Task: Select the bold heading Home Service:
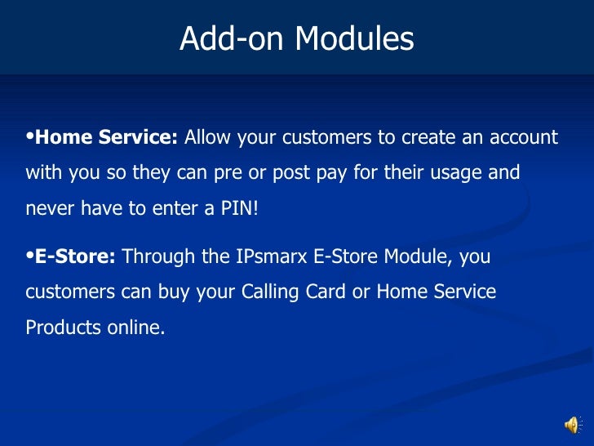click(x=107, y=137)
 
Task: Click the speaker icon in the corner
click(x=573, y=425)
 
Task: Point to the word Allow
click(x=208, y=137)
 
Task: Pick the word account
click(x=524, y=137)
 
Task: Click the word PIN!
click(x=238, y=208)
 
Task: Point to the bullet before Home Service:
click(x=30, y=136)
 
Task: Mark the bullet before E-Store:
click(x=30, y=256)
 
